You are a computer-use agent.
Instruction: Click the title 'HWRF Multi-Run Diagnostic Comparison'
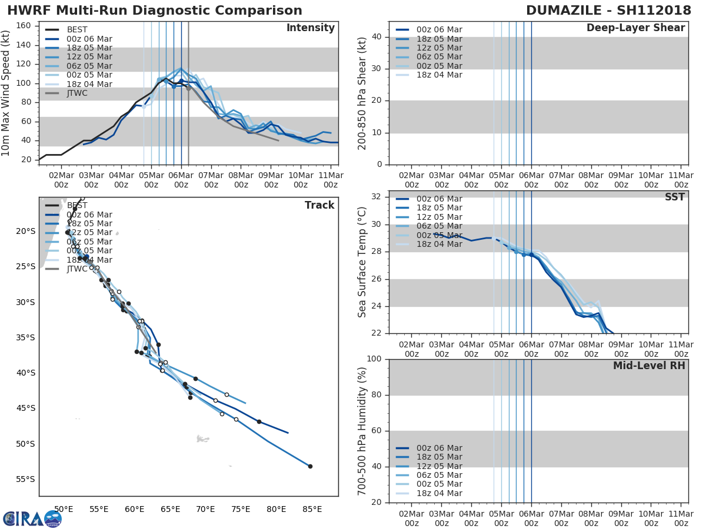click(155, 11)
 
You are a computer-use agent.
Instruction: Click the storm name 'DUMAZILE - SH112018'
click(605, 11)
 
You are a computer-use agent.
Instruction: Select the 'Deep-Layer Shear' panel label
click(635, 28)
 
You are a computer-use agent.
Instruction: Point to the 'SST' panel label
click(674, 197)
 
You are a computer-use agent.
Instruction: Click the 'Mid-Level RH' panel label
click(649, 366)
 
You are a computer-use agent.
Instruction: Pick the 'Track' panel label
click(319, 205)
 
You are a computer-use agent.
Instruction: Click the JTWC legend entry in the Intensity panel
click(77, 93)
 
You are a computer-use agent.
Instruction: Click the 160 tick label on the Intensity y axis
click(24, 26)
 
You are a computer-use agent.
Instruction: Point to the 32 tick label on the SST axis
click(375, 197)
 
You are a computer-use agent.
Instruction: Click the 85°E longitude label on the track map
click(312, 509)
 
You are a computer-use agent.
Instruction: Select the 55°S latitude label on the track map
click(25, 479)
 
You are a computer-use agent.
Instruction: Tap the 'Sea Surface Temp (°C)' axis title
click(362, 262)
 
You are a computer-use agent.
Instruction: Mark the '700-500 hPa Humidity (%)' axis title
click(362, 431)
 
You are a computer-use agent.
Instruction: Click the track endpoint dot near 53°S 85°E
click(310, 466)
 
